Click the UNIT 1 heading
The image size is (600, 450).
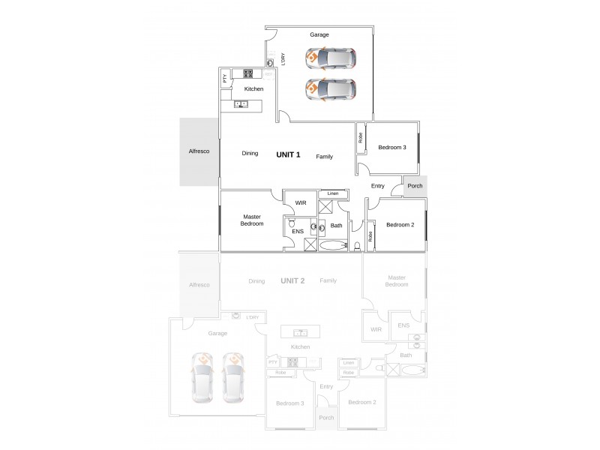coord(289,155)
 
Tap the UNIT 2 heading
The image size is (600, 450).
coord(292,280)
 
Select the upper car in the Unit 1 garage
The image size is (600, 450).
coord(331,58)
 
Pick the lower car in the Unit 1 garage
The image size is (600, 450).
coord(331,88)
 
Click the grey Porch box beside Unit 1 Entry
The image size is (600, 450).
coord(415,186)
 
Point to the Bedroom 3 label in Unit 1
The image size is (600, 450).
coord(391,147)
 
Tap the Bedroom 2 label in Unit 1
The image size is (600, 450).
coord(400,225)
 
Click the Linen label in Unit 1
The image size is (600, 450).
coord(333,193)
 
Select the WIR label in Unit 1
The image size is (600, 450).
coord(301,202)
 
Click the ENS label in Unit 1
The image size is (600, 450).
coord(298,232)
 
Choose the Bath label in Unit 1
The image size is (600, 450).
coord(336,225)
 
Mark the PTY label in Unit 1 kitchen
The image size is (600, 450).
coord(224,78)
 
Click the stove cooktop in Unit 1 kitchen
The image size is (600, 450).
coord(247,73)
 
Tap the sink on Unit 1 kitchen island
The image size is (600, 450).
coord(241,103)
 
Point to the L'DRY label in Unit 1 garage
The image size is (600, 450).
coord(283,58)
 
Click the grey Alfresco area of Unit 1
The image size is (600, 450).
coord(199,151)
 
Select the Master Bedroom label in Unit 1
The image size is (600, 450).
coord(251,220)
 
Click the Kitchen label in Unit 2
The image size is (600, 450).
coord(300,347)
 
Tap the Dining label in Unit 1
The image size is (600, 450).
coord(250,154)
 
